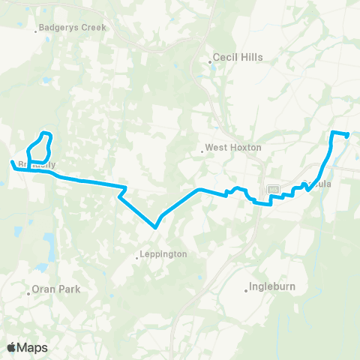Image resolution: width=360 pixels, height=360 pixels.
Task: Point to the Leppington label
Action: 162,255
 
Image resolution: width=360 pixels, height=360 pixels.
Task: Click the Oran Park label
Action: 55,289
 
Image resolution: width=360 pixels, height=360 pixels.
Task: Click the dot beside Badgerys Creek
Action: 37,31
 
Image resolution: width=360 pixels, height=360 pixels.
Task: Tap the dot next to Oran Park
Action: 28,292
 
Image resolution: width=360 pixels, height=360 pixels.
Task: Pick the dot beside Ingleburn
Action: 247,289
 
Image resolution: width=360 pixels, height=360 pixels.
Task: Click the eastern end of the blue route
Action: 348,135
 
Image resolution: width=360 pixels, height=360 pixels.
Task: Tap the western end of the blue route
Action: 11,161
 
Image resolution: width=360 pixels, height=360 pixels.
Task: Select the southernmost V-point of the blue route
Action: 155,226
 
